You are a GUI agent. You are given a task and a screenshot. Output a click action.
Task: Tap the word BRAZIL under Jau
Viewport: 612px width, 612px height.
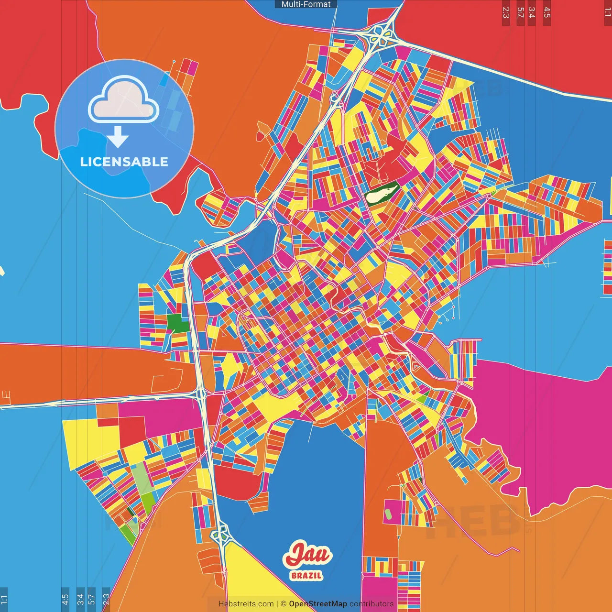306,576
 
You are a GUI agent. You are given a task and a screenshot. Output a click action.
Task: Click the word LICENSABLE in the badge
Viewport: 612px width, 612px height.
124,162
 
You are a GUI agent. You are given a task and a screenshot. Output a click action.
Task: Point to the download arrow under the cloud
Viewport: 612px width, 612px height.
118,137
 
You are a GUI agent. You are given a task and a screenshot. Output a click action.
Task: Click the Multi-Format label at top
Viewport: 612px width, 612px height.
306,4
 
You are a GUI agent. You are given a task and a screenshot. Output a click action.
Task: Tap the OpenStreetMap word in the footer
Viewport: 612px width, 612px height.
318,604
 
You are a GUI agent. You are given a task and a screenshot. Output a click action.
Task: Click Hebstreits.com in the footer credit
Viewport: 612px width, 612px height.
246,604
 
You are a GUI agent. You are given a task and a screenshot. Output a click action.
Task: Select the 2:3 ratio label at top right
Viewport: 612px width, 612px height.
506,12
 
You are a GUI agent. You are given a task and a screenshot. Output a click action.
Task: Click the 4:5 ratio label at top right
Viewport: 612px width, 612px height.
547,12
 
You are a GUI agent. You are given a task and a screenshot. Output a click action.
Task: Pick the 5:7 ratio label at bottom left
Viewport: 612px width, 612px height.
92,599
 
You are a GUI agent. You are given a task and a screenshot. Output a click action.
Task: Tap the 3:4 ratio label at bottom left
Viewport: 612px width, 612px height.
80,599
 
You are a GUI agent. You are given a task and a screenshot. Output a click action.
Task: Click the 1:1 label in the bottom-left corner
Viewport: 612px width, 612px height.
4,599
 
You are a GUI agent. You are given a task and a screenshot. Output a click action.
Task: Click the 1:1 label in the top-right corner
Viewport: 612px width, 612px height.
607,12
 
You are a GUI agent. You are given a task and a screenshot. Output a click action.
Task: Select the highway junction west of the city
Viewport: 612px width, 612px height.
201,394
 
